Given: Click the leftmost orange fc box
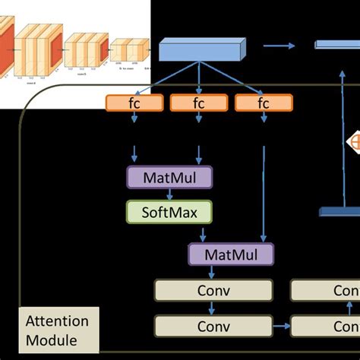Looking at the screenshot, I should (x=134, y=103).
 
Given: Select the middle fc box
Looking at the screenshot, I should (x=199, y=103).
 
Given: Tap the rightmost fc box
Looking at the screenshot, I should (x=264, y=103).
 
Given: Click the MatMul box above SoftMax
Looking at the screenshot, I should (x=169, y=177).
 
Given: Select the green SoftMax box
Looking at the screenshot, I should (x=169, y=212).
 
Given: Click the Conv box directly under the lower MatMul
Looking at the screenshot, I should (x=213, y=290).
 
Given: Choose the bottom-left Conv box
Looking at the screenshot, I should (x=213, y=326).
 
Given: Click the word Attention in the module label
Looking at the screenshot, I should (x=57, y=321).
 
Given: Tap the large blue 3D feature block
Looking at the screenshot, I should (x=202, y=50).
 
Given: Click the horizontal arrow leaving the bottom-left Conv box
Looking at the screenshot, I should (x=281, y=326).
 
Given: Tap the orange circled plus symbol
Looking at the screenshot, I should (x=355, y=141).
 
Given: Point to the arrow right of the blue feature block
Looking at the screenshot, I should (x=279, y=46).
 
